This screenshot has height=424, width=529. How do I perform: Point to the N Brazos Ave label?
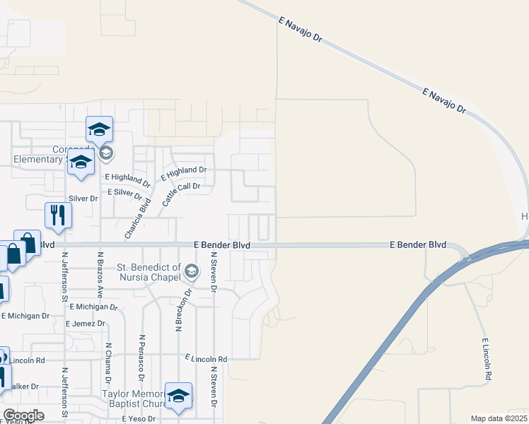[100, 275]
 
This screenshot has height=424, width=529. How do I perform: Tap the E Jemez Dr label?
[85, 323]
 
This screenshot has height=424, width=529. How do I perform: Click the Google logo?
[23, 415]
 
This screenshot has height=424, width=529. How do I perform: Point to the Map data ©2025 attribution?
[499, 418]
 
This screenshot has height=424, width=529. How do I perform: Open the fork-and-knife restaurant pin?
[57, 215]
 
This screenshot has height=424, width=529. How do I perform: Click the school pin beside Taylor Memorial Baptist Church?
[178, 396]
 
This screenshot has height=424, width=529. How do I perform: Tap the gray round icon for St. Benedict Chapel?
[191, 271]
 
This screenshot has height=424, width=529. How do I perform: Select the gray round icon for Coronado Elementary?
[106, 153]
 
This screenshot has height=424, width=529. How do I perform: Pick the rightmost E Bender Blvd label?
[418, 245]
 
